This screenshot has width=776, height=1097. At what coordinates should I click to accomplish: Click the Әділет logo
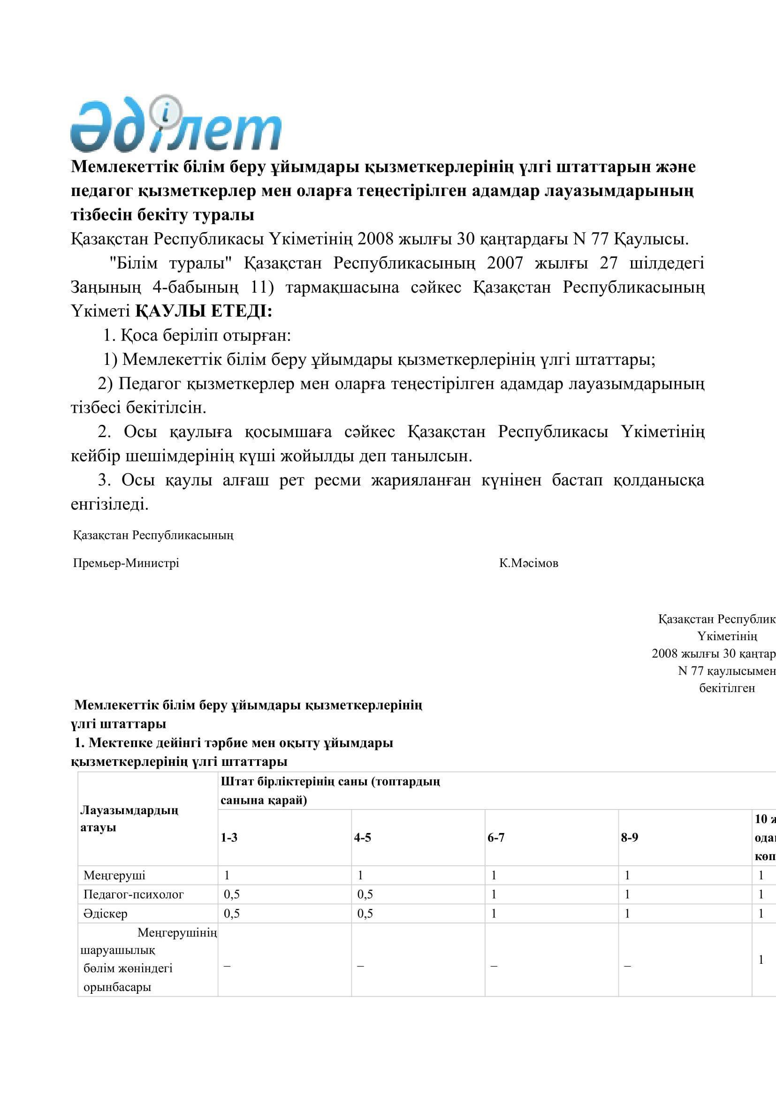(176, 125)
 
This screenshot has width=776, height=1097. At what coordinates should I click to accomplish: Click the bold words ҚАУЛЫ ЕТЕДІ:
(204, 311)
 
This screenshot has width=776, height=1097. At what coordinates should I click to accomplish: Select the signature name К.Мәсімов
(528, 563)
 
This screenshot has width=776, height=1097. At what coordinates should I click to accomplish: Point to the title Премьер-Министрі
(126, 563)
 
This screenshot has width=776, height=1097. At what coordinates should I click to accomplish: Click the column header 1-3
(229, 838)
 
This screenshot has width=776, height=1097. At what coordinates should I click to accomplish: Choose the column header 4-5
(362, 838)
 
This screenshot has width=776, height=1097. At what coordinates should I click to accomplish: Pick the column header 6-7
(496, 838)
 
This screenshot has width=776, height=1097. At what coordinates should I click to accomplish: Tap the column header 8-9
(629, 838)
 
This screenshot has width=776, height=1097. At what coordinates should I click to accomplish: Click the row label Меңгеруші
(114, 875)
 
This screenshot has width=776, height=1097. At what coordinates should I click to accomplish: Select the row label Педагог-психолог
(133, 894)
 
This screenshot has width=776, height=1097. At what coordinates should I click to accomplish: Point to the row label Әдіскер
(105, 914)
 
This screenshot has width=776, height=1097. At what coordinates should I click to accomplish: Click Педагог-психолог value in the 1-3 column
(232, 894)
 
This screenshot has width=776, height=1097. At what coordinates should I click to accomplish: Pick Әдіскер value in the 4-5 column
(365, 914)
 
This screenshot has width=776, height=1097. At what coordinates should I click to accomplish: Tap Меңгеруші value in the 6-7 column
(494, 875)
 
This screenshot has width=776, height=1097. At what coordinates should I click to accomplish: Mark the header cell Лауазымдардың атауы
(129, 819)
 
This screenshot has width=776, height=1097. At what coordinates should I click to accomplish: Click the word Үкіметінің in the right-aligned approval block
(727, 636)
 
